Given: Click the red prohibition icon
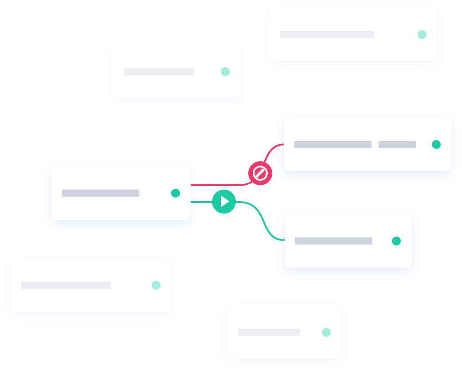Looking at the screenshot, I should point(260,173).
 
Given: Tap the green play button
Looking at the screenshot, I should point(224,202).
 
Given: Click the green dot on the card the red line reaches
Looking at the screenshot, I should point(436,144).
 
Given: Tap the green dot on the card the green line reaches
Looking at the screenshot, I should point(396,241).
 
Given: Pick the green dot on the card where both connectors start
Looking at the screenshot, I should point(176,193).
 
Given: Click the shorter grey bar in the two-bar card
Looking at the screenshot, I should point(397,144).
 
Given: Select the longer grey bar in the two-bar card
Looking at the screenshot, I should point(333,144).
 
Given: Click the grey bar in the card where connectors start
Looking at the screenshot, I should point(101,193).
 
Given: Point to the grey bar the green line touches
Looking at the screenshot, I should point(333,241).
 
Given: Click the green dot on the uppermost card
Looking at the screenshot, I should point(422,35).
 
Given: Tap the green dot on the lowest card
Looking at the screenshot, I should point(326,332).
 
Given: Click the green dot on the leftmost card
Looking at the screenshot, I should point(156,285).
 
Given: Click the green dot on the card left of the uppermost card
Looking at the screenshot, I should point(225,72).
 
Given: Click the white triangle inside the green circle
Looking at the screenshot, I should point(225,202).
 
